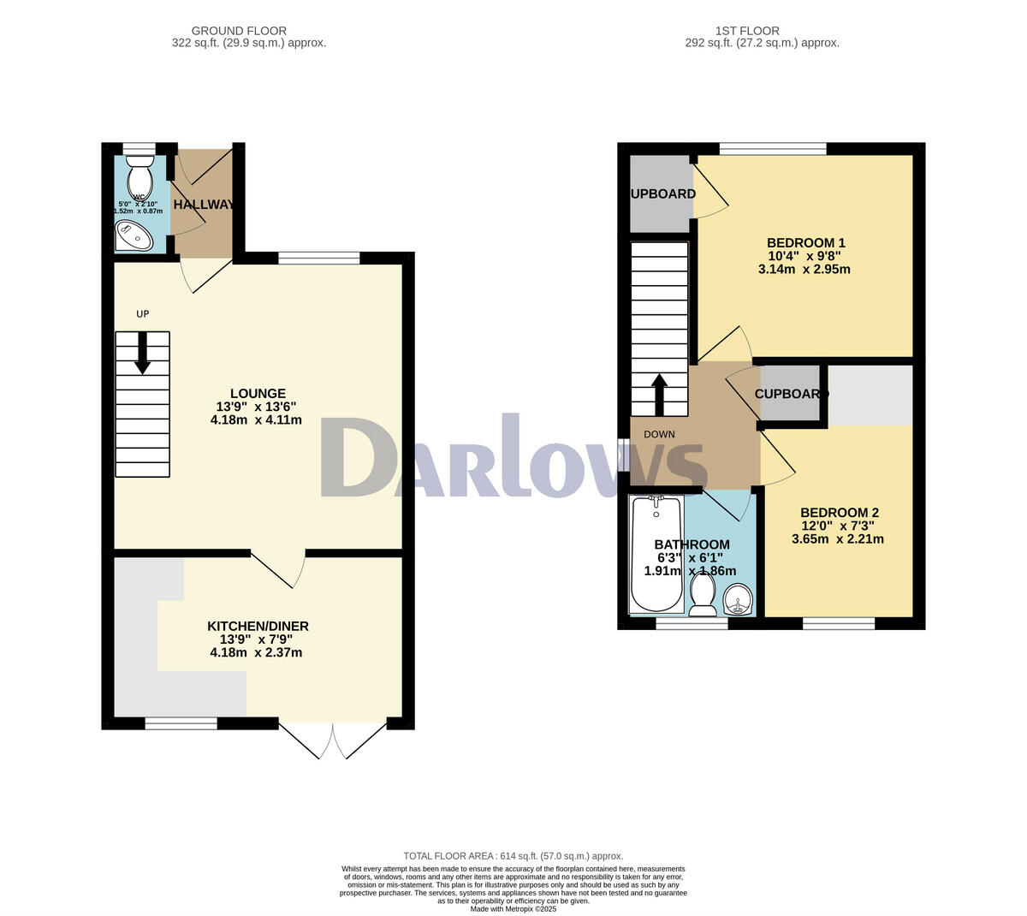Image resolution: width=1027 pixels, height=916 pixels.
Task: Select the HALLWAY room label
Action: point(203,205)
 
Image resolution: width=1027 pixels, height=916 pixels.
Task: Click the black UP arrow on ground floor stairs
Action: point(142,352)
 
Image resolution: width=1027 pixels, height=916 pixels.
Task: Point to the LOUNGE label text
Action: point(257,394)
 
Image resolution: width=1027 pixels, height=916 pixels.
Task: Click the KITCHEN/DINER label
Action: point(258,627)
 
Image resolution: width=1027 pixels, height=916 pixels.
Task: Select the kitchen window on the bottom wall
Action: point(181,723)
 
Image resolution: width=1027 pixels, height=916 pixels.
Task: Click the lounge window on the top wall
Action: point(318,258)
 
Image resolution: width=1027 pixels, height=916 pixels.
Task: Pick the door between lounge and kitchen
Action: point(279,568)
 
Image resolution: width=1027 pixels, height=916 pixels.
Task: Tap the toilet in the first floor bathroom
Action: point(703,593)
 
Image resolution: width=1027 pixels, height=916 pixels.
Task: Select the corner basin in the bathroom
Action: point(737,599)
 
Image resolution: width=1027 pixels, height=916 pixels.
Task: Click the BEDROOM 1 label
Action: point(804,242)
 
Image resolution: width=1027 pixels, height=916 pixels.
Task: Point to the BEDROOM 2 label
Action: point(839,513)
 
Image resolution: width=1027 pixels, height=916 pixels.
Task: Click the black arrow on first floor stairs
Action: point(659,394)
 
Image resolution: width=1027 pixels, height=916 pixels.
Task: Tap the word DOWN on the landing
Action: point(659,434)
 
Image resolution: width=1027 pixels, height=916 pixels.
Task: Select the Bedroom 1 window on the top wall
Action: point(773,149)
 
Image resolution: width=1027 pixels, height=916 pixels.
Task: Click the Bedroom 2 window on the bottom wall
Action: point(839,623)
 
